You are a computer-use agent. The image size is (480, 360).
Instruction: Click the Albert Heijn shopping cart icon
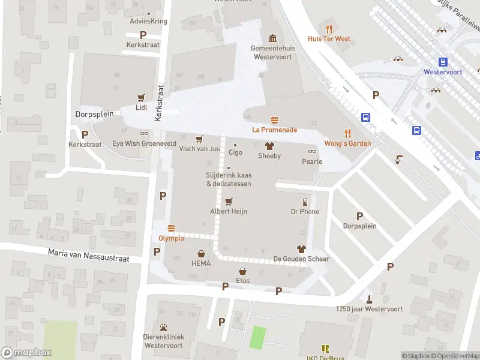(x=228, y=202)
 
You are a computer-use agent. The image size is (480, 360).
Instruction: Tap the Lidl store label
(x=142, y=107)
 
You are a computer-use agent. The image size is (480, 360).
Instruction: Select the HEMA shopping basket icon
(x=201, y=254)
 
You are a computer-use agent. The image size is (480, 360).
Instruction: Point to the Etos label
(x=242, y=280)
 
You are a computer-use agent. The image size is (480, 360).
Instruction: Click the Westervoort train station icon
(x=443, y=62)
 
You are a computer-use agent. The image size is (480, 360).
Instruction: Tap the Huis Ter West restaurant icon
(x=329, y=29)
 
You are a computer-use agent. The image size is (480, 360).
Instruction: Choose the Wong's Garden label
(x=347, y=143)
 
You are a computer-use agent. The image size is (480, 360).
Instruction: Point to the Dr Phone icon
(x=305, y=202)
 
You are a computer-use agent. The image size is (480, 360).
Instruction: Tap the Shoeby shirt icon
(x=269, y=146)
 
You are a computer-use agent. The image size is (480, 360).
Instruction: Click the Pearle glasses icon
(x=312, y=152)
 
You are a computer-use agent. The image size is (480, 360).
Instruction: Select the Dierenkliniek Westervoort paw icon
(x=163, y=328)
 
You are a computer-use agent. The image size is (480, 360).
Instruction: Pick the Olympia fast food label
(x=171, y=238)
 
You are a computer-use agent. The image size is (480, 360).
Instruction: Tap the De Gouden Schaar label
(x=301, y=259)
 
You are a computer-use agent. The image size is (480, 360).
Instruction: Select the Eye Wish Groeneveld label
(x=144, y=144)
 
